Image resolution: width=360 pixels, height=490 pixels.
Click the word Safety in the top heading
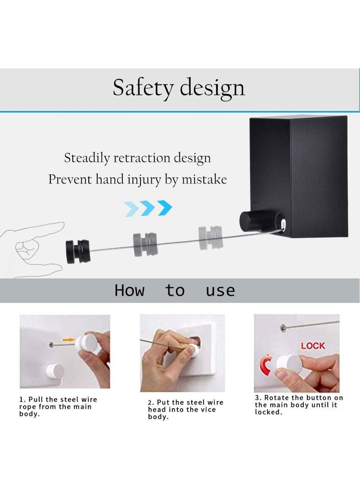143,88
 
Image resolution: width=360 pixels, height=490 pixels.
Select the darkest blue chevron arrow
165,208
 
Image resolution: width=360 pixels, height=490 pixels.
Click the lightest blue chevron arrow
131,209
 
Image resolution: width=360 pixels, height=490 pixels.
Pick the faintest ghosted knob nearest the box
211,237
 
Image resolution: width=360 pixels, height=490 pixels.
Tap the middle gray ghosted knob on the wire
145,244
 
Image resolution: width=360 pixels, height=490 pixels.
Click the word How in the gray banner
130,290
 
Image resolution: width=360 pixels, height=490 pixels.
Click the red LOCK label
313,346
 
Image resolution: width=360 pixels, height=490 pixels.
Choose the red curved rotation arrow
266,365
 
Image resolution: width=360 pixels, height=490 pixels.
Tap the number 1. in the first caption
22,400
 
